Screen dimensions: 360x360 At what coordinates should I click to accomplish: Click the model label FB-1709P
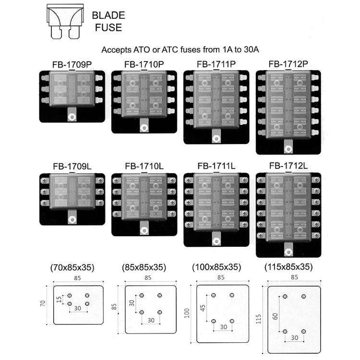point(72,63)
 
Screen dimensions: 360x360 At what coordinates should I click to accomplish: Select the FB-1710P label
point(144,63)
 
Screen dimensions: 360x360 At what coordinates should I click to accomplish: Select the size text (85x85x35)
point(144,267)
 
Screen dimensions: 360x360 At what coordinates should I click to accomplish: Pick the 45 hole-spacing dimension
point(203,307)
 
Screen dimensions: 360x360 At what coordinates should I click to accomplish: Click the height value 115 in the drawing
point(260,318)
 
